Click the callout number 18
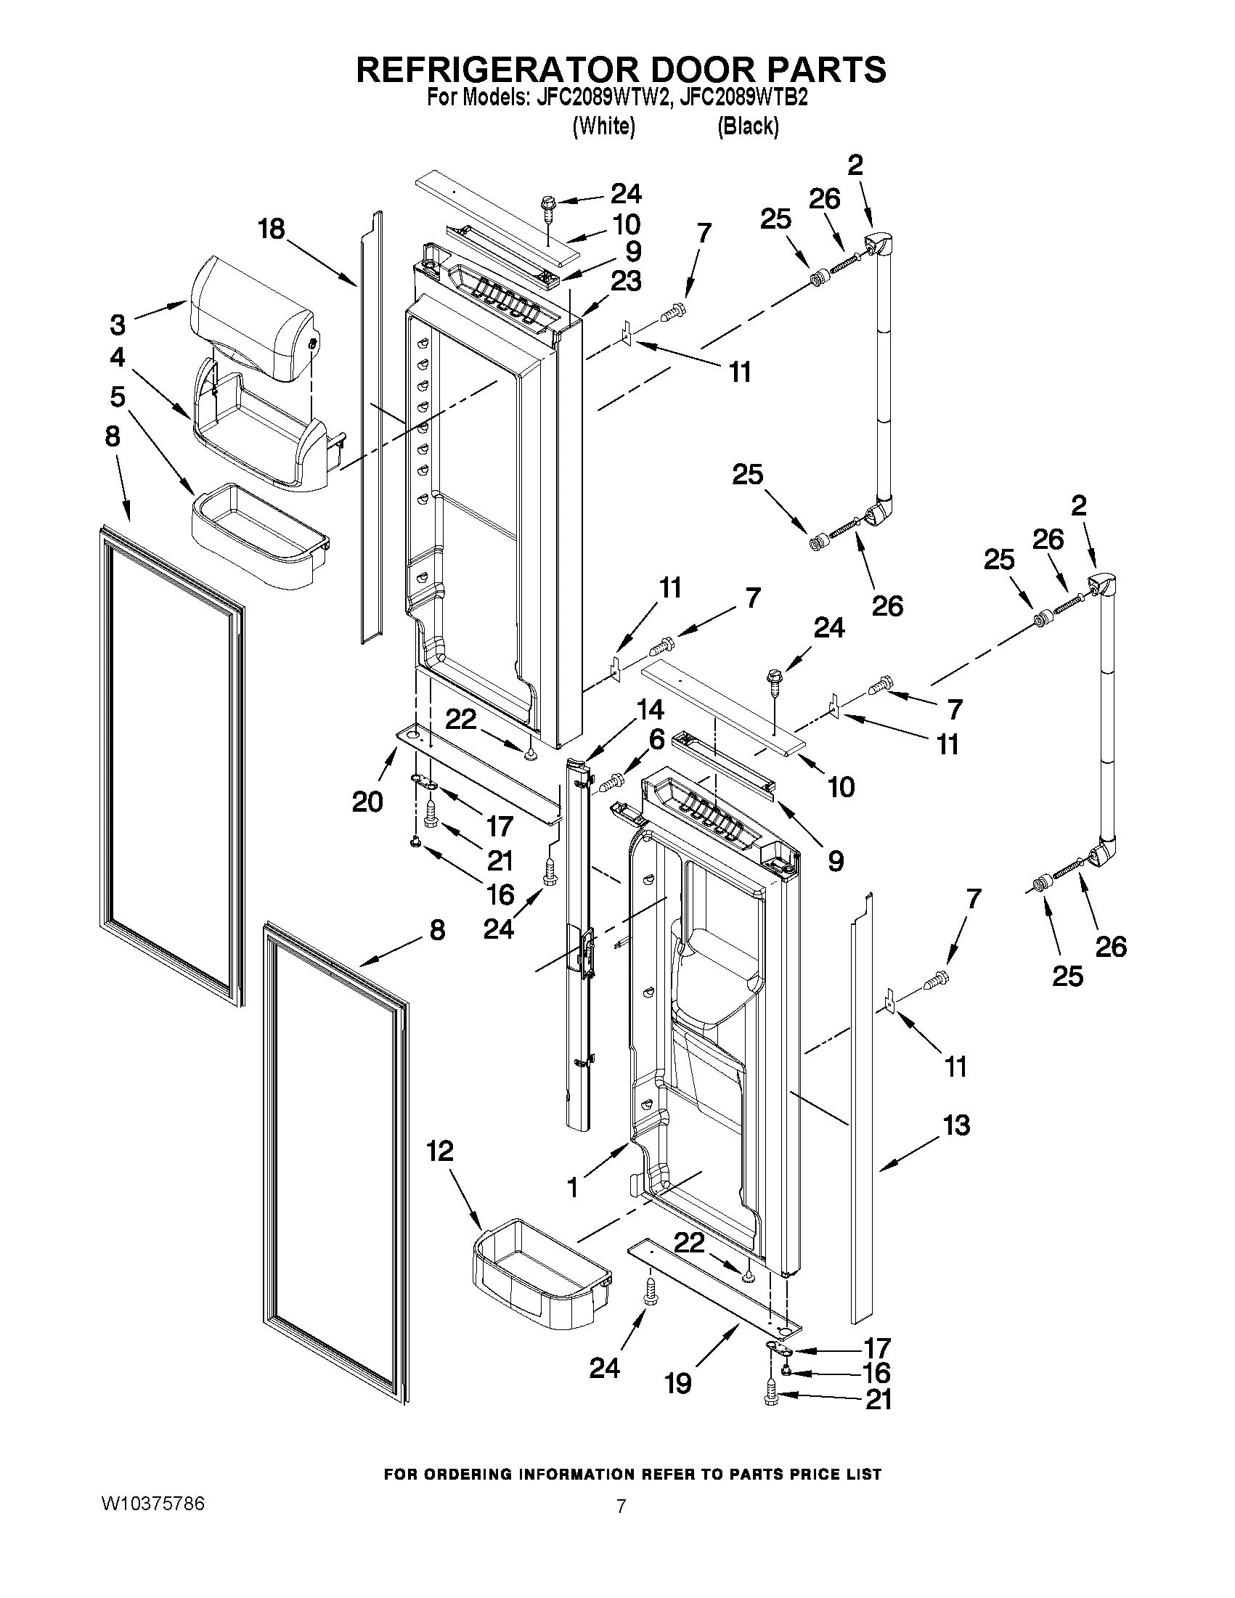pyautogui.click(x=271, y=229)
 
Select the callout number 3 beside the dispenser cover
pyautogui.click(x=118, y=323)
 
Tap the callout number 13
pyautogui.click(x=956, y=1125)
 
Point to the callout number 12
pyautogui.click(x=440, y=1151)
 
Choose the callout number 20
pyautogui.click(x=367, y=802)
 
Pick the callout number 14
pyautogui.click(x=650, y=710)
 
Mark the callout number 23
pyautogui.click(x=627, y=280)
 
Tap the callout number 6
pyautogui.click(x=656, y=740)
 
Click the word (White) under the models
pyautogui.click(x=603, y=126)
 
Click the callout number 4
pyautogui.click(x=118, y=357)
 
